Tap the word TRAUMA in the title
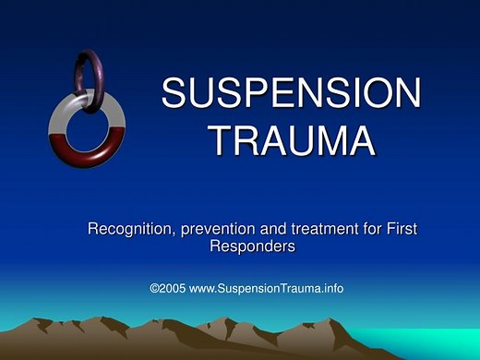point(291,140)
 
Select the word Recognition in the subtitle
point(129,228)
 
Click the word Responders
point(252,246)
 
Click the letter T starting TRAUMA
point(221,140)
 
